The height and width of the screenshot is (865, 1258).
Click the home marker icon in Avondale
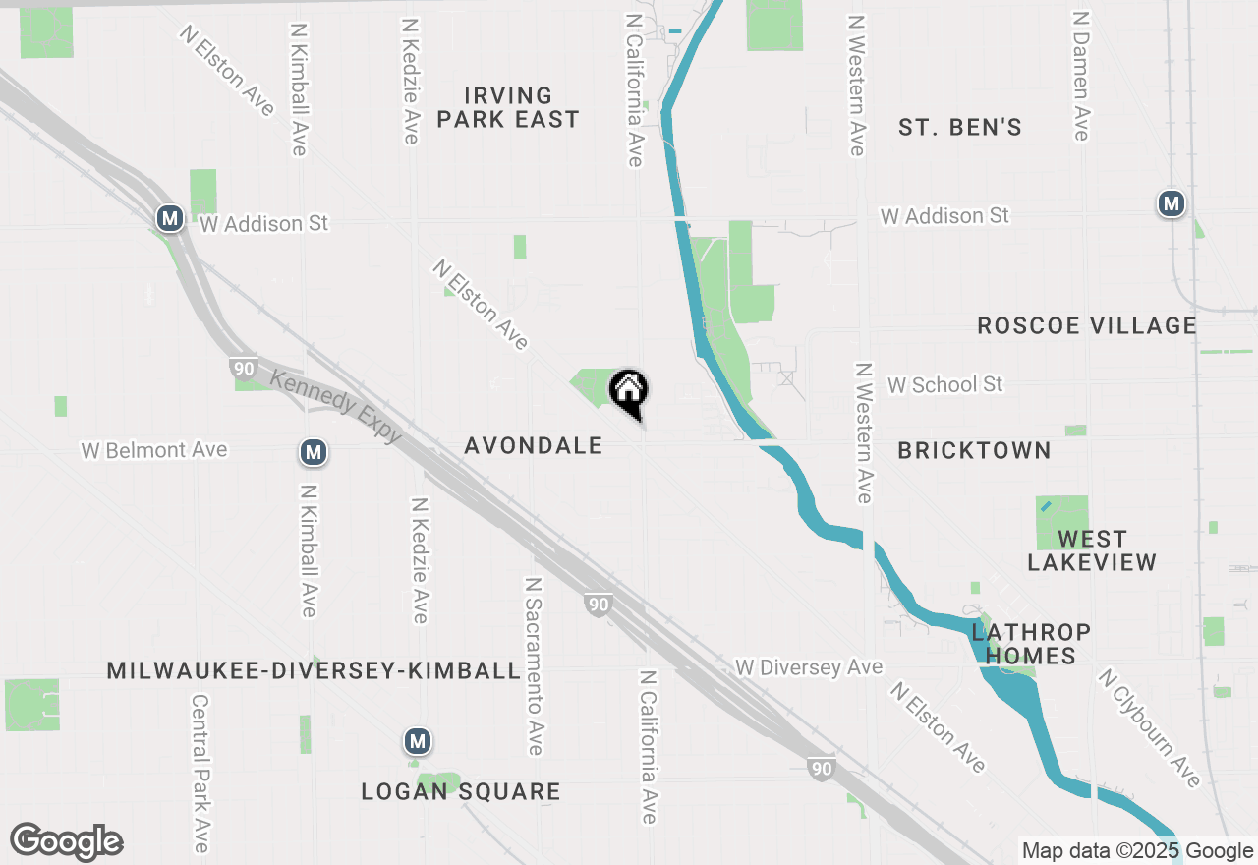tap(629, 390)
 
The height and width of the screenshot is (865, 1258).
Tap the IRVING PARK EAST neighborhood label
tap(508, 107)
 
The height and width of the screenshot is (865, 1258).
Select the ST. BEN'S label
tap(960, 127)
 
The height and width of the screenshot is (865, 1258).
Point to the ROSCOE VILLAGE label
tap(1087, 325)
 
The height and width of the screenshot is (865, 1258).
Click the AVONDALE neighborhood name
tap(534, 445)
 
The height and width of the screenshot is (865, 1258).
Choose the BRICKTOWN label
tap(974, 450)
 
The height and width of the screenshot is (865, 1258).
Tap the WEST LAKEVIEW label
tap(1092, 550)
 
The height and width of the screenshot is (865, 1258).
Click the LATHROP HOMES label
tap(1030, 644)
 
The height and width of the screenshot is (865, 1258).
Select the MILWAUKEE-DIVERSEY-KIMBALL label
tap(314, 670)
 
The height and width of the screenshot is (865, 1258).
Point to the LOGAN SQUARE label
tap(461, 791)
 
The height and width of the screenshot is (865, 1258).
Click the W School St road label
tap(944, 384)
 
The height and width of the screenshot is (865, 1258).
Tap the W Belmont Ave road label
tap(154, 450)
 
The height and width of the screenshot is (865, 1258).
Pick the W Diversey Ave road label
tap(809, 667)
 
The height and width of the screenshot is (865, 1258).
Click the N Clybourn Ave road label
tap(1150, 728)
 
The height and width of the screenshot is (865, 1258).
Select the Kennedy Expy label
tap(335, 406)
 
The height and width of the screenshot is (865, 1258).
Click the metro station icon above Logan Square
tap(418, 740)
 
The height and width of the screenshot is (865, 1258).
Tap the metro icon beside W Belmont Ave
tap(314, 452)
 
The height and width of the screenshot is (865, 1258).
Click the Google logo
tap(66, 842)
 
